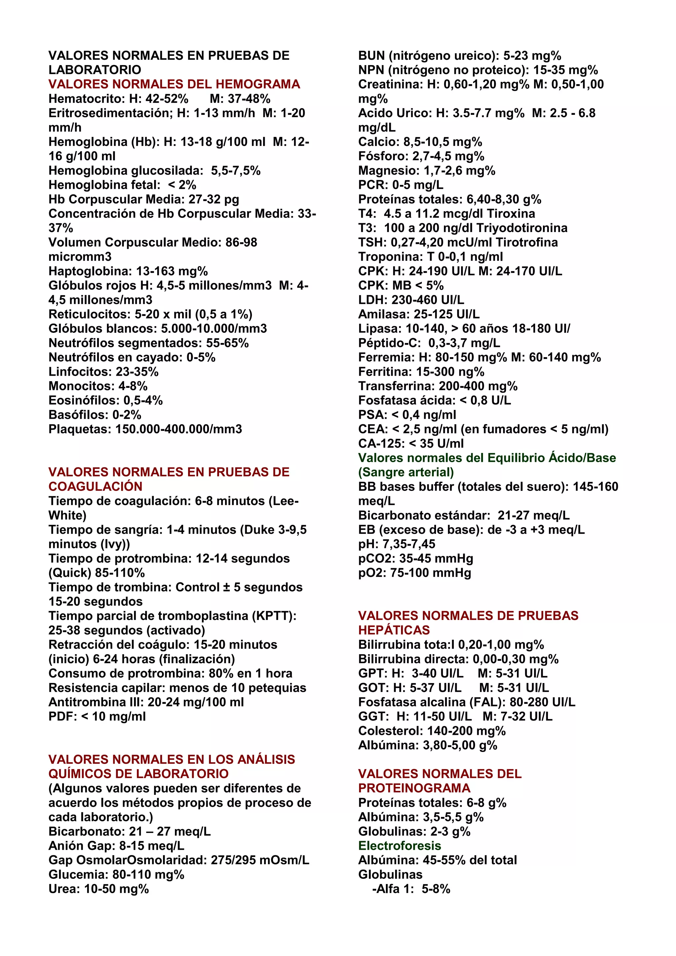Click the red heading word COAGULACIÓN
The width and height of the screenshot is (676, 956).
pyautogui.click(x=95, y=486)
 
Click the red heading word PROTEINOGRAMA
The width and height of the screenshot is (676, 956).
pyautogui.click(x=414, y=788)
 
